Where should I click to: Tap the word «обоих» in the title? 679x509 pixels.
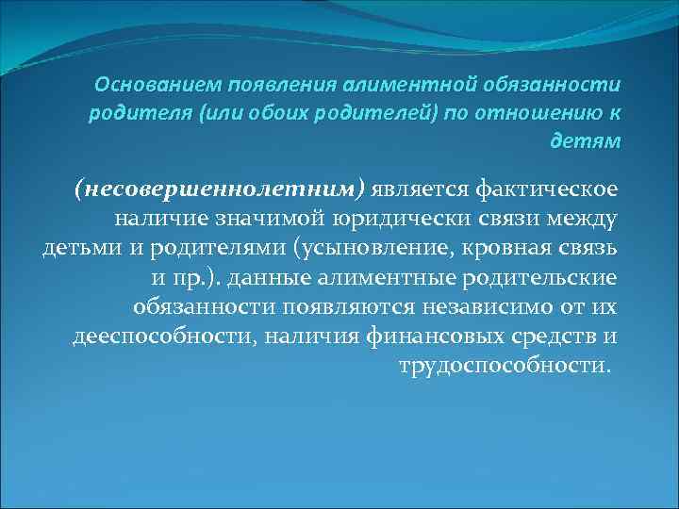click(x=302, y=114)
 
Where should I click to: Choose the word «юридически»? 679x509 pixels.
click(x=410, y=221)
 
